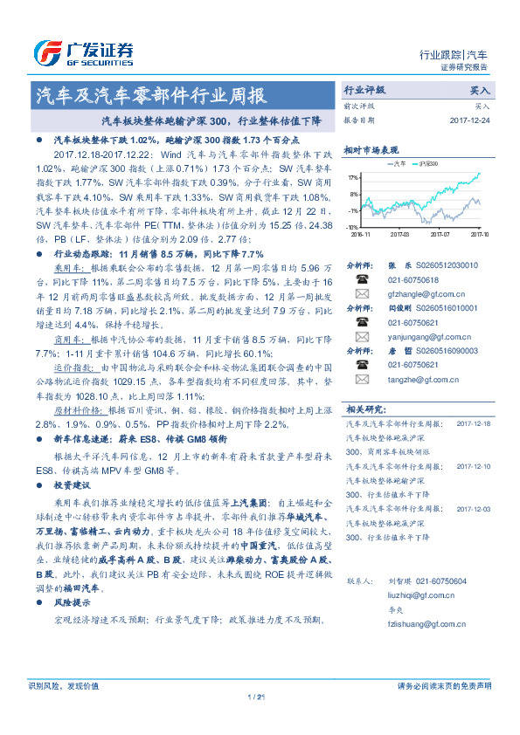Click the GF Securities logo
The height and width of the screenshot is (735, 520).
click(82, 52)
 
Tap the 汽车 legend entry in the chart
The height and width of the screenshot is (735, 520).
click(395, 163)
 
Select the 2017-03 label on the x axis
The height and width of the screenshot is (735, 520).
click(400, 234)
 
